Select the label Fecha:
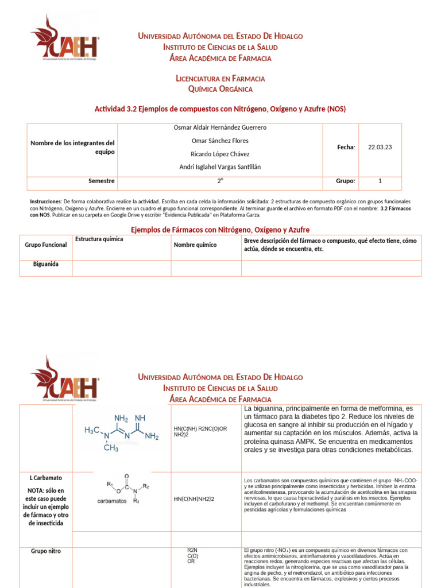tap(346, 147)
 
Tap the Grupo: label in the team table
tap(346, 181)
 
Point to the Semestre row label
tap(102, 181)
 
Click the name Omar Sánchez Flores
tap(220, 141)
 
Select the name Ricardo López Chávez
tap(220, 154)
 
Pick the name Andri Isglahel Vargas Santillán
tap(220, 167)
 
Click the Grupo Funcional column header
tap(46, 245)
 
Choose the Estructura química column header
tap(99, 239)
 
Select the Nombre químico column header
tap(195, 245)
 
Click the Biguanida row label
tap(46, 265)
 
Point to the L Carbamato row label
tap(46, 478)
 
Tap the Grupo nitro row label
tap(46, 551)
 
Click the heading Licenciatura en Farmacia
tap(220, 78)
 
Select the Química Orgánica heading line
tap(220, 89)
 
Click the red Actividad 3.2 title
tap(220, 109)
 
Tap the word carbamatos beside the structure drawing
tap(112, 501)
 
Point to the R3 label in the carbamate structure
tap(136, 501)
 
